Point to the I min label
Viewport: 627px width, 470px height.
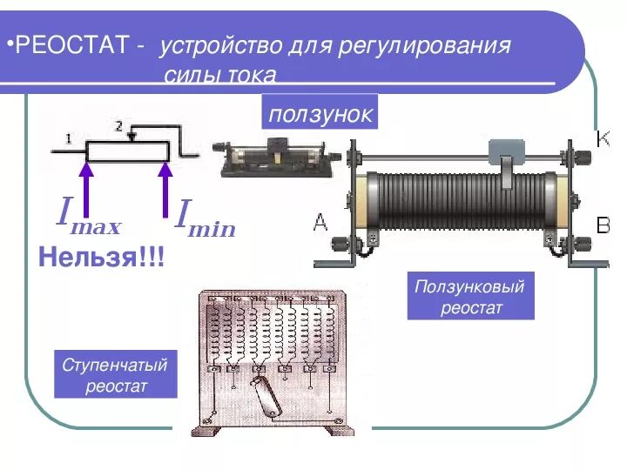coord(206,218)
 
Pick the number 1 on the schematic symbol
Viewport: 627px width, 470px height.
coord(68,138)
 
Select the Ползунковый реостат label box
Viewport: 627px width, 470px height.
coord(471,296)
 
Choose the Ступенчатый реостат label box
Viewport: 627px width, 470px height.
coord(115,374)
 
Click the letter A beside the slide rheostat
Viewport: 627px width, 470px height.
coord(320,223)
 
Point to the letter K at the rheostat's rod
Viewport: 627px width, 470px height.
coord(603,138)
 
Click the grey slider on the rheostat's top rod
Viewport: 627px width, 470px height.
coord(506,153)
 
